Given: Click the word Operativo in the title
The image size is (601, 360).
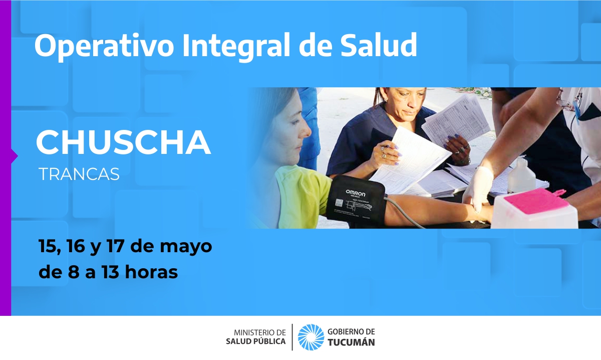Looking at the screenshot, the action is [x=104, y=46].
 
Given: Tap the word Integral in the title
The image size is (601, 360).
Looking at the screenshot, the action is [x=236, y=46].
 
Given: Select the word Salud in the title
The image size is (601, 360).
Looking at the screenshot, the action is [x=379, y=45].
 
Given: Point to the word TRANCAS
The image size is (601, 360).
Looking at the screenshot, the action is [x=79, y=174].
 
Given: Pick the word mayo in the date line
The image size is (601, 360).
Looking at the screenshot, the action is [x=186, y=247].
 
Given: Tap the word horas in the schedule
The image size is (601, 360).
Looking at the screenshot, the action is [x=151, y=272].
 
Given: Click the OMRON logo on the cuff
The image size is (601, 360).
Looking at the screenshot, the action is [x=355, y=193].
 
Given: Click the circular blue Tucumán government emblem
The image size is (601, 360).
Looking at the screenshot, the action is [x=311, y=337].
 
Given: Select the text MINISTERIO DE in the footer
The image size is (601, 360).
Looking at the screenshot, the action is [x=260, y=332].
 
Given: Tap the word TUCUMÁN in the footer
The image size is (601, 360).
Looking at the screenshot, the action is [x=351, y=342].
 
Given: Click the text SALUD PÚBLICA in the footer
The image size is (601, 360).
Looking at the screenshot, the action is [x=256, y=341].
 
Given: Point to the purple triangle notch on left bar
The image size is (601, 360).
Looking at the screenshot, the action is [x=15, y=156].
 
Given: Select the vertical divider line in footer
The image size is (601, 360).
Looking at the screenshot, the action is [x=292, y=337].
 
